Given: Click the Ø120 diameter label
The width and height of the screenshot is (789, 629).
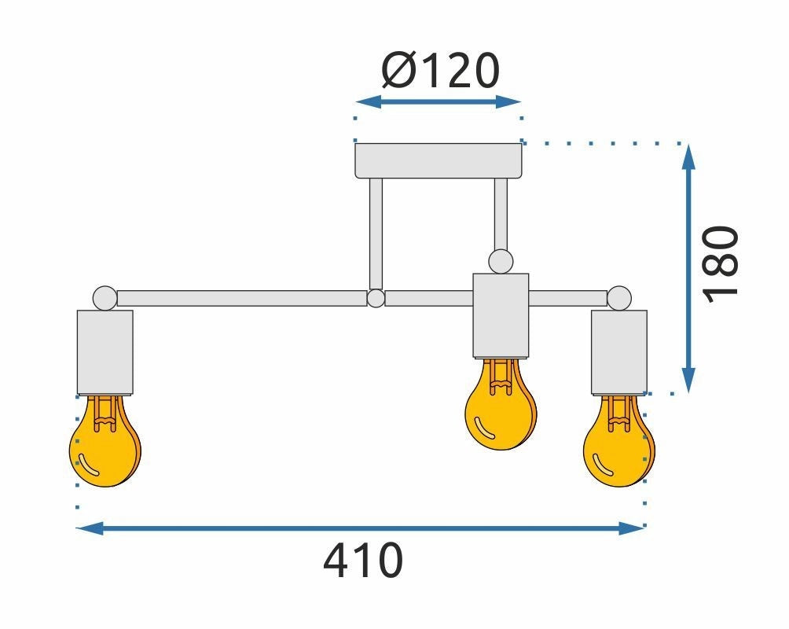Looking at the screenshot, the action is click(x=440, y=71).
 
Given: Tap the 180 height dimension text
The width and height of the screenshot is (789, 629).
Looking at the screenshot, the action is click(x=721, y=265).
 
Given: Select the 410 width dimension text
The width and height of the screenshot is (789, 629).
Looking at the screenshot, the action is click(x=363, y=560).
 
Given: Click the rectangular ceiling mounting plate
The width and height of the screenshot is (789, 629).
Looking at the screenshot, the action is click(x=439, y=160).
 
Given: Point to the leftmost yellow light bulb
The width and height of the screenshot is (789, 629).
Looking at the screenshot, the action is click(x=105, y=441).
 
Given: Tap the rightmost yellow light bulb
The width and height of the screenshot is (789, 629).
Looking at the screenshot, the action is click(x=619, y=441).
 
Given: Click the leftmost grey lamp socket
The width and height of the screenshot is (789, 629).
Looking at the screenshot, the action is click(x=105, y=352).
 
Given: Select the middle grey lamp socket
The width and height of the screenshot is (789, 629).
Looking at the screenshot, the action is click(x=501, y=316).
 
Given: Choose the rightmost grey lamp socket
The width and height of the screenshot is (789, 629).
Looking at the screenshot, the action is click(x=619, y=352).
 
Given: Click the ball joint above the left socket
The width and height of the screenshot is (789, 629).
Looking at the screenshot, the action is click(x=105, y=298).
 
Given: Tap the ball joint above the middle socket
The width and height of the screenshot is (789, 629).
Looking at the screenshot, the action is click(x=501, y=262).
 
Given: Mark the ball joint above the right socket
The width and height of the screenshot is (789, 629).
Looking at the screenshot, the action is click(x=619, y=298).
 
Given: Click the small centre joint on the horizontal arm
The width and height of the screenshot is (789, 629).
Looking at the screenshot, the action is click(x=376, y=298).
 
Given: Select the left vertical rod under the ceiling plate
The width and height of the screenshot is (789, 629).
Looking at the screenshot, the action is click(x=376, y=234).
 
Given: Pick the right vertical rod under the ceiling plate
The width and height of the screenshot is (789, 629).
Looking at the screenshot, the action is click(x=501, y=215).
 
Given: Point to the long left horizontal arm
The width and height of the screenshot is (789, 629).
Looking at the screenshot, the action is click(x=242, y=298).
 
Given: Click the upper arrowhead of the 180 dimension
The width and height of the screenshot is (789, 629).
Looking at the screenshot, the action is click(x=688, y=156).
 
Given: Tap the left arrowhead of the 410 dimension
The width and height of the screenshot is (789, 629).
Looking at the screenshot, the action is click(x=90, y=528).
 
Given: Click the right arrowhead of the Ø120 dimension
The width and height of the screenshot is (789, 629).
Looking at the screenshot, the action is click(x=508, y=101).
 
